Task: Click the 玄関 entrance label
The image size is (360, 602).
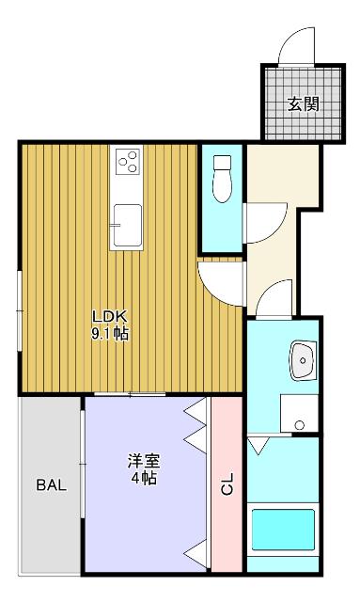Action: [x=303, y=103]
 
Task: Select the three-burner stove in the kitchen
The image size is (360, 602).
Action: [x=128, y=163]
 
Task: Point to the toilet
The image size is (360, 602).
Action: [x=222, y=179]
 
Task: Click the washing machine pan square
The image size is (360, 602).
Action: [x=298, y=412]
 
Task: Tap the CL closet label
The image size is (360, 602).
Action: [x=227, y=486]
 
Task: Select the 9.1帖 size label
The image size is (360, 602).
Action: [x=109, y=333]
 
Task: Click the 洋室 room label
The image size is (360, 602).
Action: [x=144, y=461]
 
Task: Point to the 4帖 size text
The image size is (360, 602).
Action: [x=144, y=479]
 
